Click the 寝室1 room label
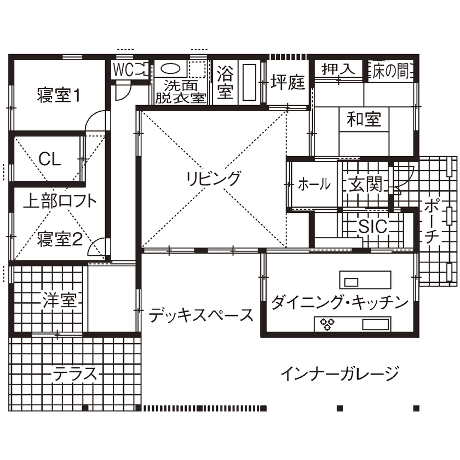pos(59,95)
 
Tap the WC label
pos(123,70)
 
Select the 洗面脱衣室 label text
pos(181,91)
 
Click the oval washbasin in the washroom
pos(171,69)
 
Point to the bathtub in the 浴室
pos(250,82)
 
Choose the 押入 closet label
pos(337,70)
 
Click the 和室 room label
pos(364,118)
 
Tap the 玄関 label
pos(365,185)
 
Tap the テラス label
pos(75,375)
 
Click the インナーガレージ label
pos(340,375)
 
